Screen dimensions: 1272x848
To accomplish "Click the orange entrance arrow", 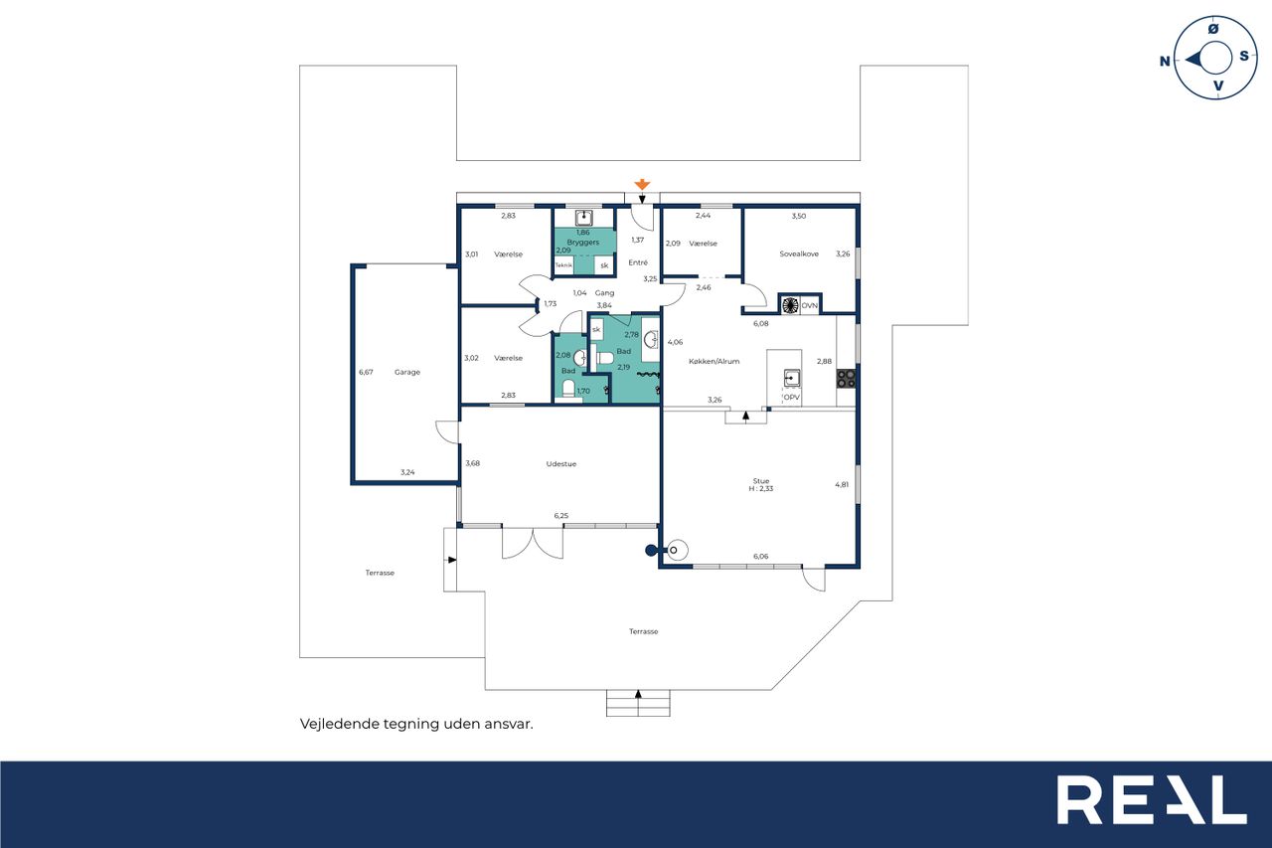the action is coord(642,184).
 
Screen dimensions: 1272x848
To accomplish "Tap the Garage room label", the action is coord(407,372).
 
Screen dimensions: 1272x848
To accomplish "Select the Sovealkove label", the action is coord(798,254).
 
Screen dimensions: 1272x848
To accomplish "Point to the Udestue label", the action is coord(561,463).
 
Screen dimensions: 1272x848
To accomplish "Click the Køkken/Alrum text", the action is coord(714,361).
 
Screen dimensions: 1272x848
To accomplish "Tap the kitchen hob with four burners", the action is coord(846,379).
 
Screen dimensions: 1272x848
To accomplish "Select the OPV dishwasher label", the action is coord(791,397).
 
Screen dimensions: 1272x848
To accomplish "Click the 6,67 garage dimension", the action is coord(366,372).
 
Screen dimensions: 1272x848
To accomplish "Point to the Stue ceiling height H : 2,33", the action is coord(761,488).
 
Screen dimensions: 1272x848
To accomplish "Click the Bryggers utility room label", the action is coord(582,242).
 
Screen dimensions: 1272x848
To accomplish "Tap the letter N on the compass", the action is coord(1165,61).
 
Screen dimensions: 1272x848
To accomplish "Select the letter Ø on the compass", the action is coord(1213,29).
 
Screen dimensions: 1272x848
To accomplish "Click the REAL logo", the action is coord(1152,799).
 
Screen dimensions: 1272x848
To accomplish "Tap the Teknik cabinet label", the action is coord(563,265).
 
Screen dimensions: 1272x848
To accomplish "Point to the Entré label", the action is coord(638,262).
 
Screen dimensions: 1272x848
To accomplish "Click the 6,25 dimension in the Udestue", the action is coord(561,516).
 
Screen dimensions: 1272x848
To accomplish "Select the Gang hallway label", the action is coord(604,293).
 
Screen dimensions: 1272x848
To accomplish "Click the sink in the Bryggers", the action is coord(583,218).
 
